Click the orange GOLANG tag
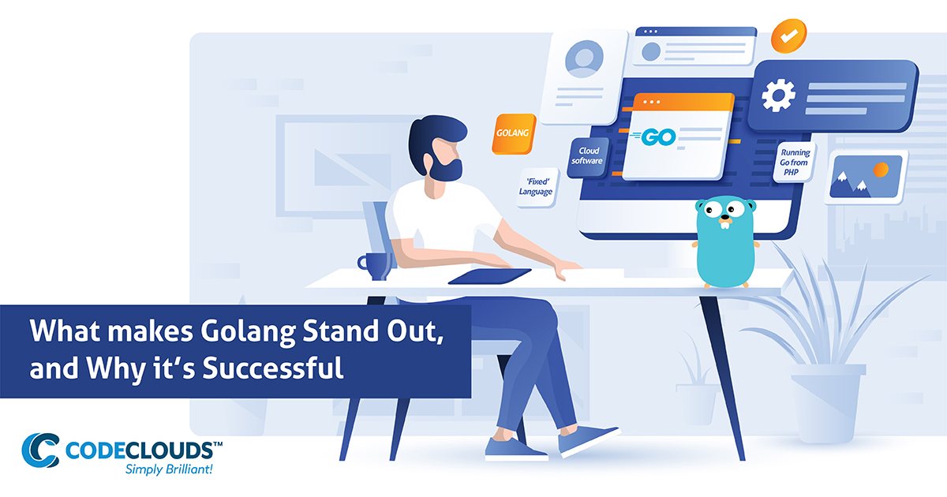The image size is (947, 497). coord(512,133)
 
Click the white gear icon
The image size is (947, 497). coord(778,97)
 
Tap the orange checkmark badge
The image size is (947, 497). coord(788,35)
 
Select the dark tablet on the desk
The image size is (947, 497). coord(489,276)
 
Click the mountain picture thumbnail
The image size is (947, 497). coord(865,177)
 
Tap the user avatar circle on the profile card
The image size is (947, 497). coord(584,58)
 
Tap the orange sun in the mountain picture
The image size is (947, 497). coord(881,169)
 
